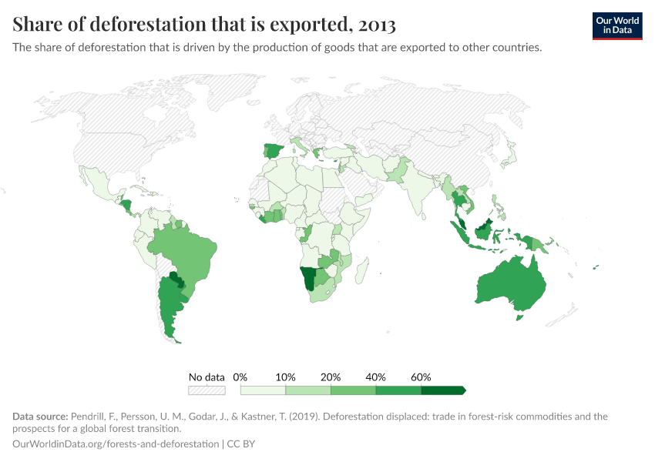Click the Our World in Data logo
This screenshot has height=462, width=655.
click(617, 25)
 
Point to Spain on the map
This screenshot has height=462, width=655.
click(274, 150)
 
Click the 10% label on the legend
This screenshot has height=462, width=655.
click(285, 377)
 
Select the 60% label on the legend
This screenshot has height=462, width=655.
click(421, 377)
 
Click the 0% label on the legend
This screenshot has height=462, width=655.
click(240, 377)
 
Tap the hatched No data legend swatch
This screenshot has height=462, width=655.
click(207, 390)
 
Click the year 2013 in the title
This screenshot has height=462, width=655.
click(377, 25)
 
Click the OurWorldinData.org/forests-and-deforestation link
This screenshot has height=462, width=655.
click(115, 444)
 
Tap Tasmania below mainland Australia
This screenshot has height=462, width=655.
click(519, 316)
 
